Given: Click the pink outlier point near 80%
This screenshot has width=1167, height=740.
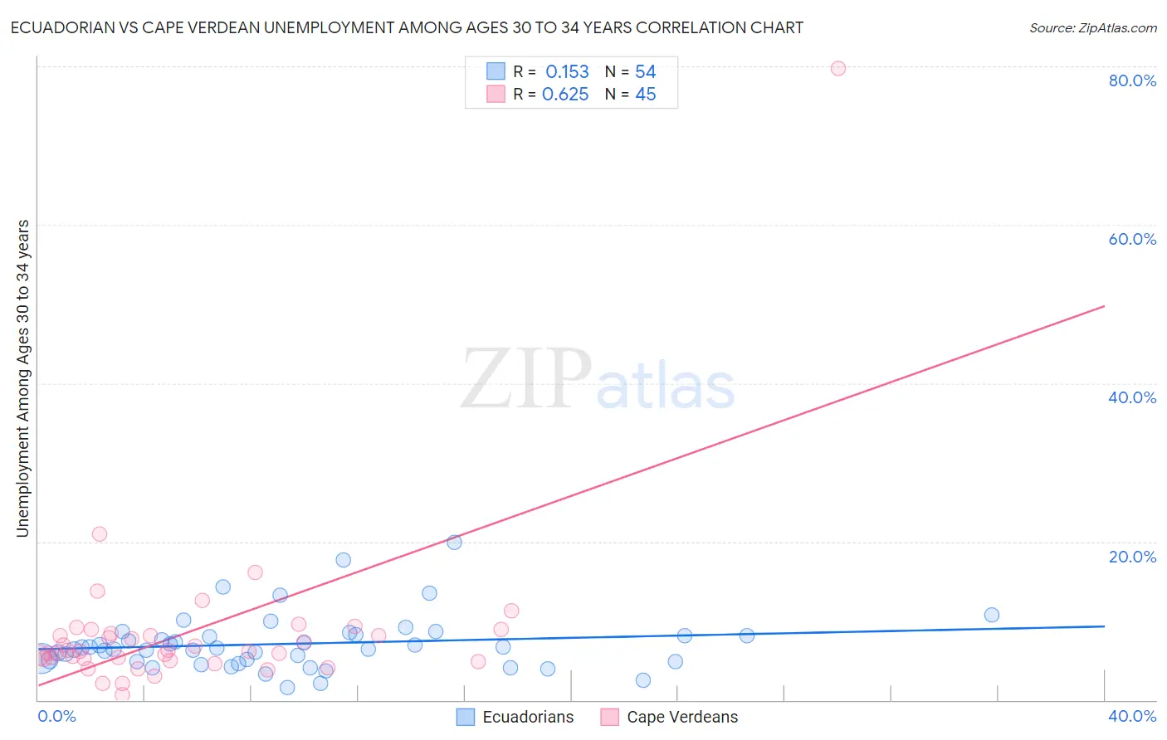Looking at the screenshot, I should point(837,68).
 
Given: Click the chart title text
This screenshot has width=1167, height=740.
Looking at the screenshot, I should point(407,27).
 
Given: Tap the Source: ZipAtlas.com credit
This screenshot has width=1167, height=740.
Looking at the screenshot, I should point(1092,27).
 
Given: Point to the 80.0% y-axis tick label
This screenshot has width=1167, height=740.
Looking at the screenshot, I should point(1132,80).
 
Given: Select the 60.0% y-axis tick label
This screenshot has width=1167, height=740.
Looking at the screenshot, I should point(1132,239).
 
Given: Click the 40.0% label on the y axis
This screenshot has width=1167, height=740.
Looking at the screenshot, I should point(1132,397).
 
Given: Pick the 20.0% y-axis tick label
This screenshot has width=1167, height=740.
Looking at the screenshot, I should point(1132,556).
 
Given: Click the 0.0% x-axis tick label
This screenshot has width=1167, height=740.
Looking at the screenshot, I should point(56,716).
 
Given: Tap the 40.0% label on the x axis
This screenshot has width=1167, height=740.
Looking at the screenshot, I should point(1132,716).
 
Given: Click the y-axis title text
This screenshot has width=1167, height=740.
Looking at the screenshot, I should point(23,378).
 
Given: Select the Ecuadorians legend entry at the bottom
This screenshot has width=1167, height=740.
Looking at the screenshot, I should point(515,717).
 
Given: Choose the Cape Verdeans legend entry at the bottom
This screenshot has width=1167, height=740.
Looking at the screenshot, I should point(669,717).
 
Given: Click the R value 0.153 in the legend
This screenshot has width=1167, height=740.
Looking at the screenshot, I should point(567,72).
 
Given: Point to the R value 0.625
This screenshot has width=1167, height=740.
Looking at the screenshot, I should point(565,95).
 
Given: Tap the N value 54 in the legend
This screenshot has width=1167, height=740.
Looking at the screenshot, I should point(645,72).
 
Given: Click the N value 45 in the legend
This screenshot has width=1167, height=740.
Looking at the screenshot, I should point(645,95).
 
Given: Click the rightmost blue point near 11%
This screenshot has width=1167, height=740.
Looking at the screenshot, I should point(991,615).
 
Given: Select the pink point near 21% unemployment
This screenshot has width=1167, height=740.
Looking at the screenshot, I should point(100,534).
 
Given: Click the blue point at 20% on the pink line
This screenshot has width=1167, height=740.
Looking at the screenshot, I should point(454,543).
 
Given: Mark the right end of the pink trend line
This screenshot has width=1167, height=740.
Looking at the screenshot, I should point(1104,306).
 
